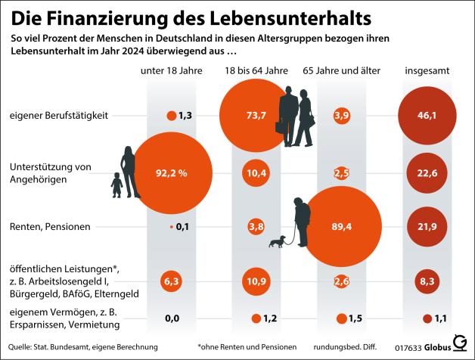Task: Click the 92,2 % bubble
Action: point(172,172)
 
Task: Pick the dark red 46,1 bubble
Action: point(429,115)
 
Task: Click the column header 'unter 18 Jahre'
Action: point(172,71)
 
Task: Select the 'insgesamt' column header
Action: point(429,71)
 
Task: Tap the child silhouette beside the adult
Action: point(117,186)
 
